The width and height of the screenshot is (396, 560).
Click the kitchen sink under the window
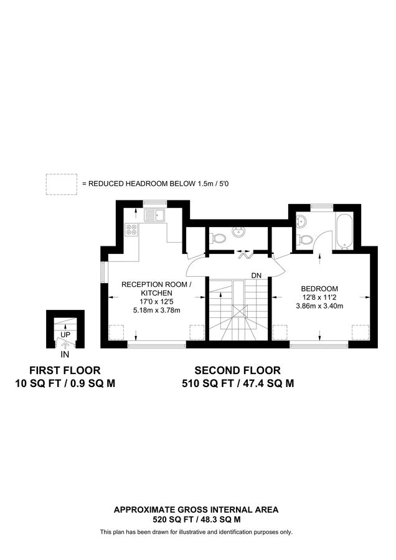coord(154,215)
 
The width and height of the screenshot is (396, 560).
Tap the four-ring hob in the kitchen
coord(132,229)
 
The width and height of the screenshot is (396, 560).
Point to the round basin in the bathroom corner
coord(302,220)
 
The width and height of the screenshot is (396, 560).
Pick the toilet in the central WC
coord(218,237)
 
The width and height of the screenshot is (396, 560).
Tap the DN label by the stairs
coord(257,276)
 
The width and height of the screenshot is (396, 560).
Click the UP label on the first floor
coord(65,335)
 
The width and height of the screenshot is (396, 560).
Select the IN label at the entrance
coord(65,355)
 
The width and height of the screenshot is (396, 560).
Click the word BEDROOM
coord(319,289)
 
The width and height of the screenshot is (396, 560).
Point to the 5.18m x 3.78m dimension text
coord(156,310)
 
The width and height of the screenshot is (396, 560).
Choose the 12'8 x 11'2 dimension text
coord(319,297)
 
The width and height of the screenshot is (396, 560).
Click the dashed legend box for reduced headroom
coord(62,184)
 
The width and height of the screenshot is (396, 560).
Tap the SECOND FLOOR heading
coord(238,370)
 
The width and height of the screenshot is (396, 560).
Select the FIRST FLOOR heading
coord(65,370)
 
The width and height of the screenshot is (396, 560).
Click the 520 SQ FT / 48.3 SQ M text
coord(197,520)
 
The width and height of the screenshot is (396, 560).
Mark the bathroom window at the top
coord(322,206)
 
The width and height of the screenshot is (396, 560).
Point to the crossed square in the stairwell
coord(239,311)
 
